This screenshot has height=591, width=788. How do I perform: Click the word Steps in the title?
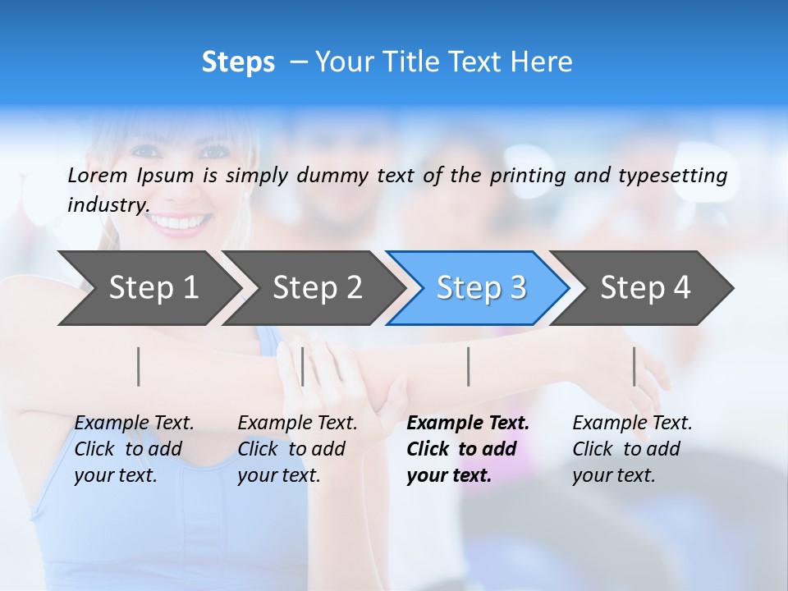238,62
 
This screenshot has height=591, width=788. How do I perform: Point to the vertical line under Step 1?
139,366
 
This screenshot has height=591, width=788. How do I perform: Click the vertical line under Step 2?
303,366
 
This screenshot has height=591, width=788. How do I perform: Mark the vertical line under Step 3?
468,366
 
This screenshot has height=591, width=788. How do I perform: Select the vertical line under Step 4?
634,366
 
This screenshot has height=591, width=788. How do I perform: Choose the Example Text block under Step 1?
134,449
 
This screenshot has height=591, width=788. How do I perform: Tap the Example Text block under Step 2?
297,449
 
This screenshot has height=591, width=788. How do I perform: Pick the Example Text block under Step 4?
632,449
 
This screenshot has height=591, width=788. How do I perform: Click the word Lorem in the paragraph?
98,175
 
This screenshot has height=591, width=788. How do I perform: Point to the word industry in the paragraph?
108,205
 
